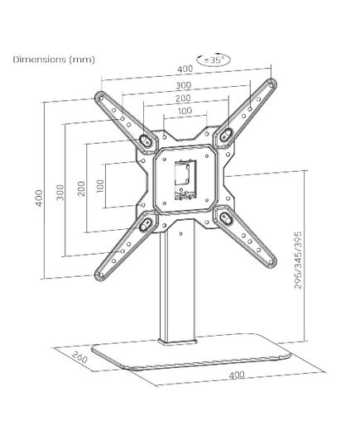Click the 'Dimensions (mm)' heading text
pyautogui.click(x=54, y=60)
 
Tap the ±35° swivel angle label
pyautogui.click(x=214, y=60)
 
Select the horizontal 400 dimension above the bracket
pyautogui.click(x=185, y=69)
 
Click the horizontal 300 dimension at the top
pyautogui.click(x=184, y=85)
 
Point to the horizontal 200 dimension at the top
pyautogui.click(x=183, y=98)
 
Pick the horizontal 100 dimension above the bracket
pyautogui.click(x=185, y=111)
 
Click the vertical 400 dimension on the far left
pyautogui.click(x=40, y=198)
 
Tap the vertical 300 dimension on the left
pyautogui.click(x=60, y=193)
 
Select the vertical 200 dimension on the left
pyautogui.click(x=81, y=189)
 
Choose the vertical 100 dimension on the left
pyautogui.click(x=100, y=186)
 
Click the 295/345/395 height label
pyautogui.click(x=298, y=260)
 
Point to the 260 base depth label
pyautogui.click(x=79, y=357)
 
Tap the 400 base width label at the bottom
pyautogui.click(x=237, y=375)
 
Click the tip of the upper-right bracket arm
pyautogui.click(x=272, y=84)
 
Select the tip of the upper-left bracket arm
pyautogui.click(x=99, y=97)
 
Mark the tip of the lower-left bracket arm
pyautogui.click(x=99, y=275)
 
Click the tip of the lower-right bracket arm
pyautogui.click(x=272, y=262)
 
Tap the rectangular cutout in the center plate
pyautogui.click(x=185, y=179)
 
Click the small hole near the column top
pyautogui.click(x=181, y=234)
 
